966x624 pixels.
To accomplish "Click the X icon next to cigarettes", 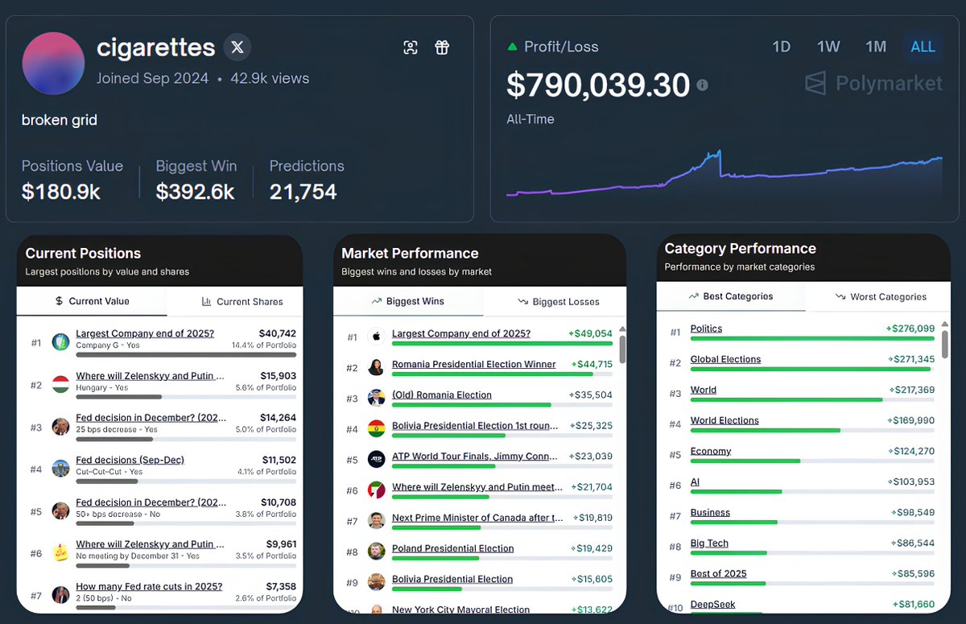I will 237,48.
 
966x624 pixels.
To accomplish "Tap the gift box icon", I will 442,48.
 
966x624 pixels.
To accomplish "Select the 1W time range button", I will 828,47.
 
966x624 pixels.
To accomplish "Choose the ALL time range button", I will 923,47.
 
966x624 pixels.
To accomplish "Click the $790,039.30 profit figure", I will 598,85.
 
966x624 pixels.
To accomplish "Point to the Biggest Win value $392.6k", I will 195,192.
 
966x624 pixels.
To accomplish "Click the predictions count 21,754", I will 303,192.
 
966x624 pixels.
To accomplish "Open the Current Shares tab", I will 241,302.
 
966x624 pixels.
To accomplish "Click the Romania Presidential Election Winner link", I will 473,365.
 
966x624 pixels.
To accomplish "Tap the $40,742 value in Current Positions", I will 277,333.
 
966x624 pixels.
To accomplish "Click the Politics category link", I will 706,329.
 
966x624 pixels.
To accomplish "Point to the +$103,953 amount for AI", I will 910,482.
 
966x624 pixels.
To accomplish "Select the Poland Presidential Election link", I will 452,548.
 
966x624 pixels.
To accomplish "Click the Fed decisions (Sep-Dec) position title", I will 130,460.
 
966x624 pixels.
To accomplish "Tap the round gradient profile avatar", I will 53,64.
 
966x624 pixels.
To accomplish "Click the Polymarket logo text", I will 889,84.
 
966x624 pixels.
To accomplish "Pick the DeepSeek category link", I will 712,605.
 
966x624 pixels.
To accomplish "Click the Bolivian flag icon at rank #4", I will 376,428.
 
